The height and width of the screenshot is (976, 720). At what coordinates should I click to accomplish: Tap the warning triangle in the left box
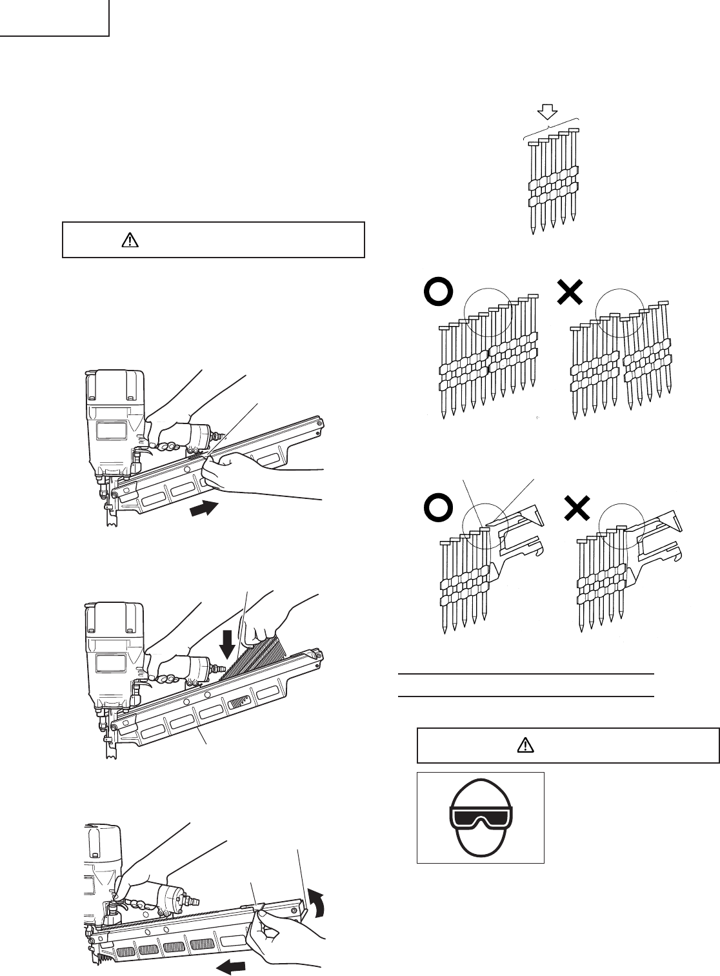coord(130,240)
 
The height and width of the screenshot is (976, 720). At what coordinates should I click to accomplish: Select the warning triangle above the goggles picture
coord(526,746)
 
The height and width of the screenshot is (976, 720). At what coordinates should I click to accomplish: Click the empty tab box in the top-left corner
coord(54,17)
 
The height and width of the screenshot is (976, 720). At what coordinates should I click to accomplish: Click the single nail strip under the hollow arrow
coord(552,184)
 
